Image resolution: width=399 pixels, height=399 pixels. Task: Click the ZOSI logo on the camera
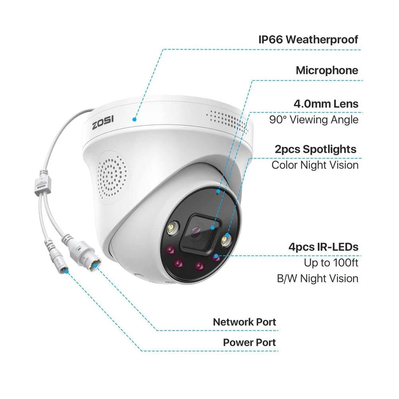(x=103, y=122)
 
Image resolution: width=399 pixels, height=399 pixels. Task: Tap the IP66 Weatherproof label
(x=308, y=40)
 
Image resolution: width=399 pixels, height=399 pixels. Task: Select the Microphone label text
(x=327, y=71)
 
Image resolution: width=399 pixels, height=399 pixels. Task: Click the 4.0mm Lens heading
(x=326, y=104)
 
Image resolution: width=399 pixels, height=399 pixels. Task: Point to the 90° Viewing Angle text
(x=314, y=120)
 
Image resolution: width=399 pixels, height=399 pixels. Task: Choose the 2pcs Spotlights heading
(x=316, y=149)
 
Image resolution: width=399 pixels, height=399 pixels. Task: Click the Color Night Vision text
(x=315, y=165)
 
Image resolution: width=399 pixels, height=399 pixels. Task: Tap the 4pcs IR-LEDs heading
(x=324, y=247)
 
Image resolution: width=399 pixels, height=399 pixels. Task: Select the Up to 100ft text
(x=331, y=263)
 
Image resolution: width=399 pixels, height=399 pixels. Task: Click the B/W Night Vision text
(x=318, y=279)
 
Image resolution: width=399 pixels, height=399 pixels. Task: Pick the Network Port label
(x=244, y=322)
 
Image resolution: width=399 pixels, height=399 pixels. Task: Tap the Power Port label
(x=249, y=342)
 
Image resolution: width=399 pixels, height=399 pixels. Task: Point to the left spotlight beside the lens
(x=173, y=227)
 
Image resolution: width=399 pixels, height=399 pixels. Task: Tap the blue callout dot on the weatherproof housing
(x=134, y=119)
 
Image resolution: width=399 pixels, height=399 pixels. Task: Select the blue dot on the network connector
(x=95, y=266)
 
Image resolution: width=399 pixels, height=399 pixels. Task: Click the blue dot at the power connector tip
(x=66, y=271)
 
